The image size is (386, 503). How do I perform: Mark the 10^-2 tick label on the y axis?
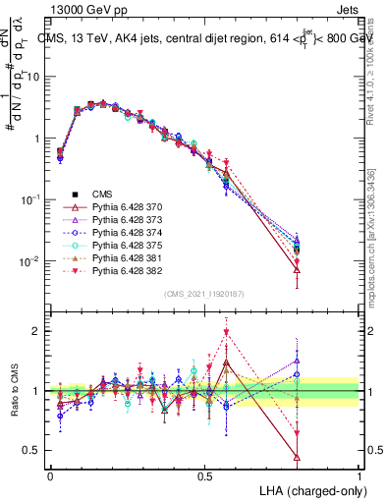point(31,261)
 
